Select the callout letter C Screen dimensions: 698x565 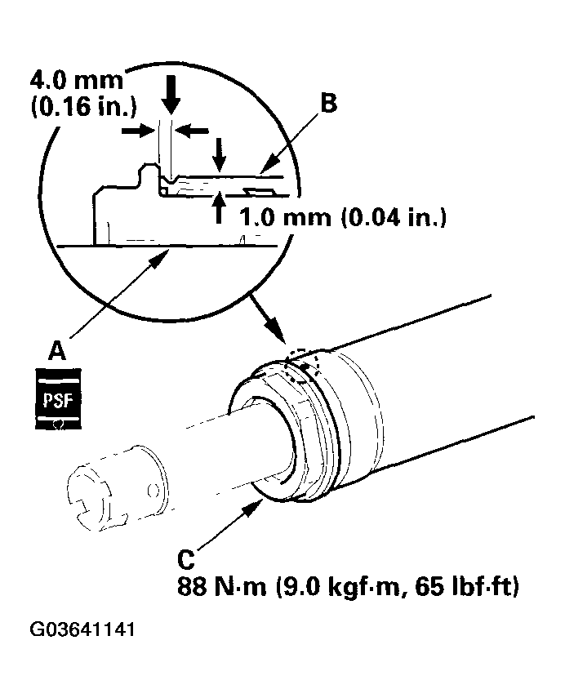pyautogui.click(x=187, y=561)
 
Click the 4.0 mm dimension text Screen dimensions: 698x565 pyautogui.click(x=76, y=82)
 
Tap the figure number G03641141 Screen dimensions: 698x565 pyautogui.click(x=82, y=630)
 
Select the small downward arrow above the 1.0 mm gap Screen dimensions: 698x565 pyautogui.click(x=219, y=153)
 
